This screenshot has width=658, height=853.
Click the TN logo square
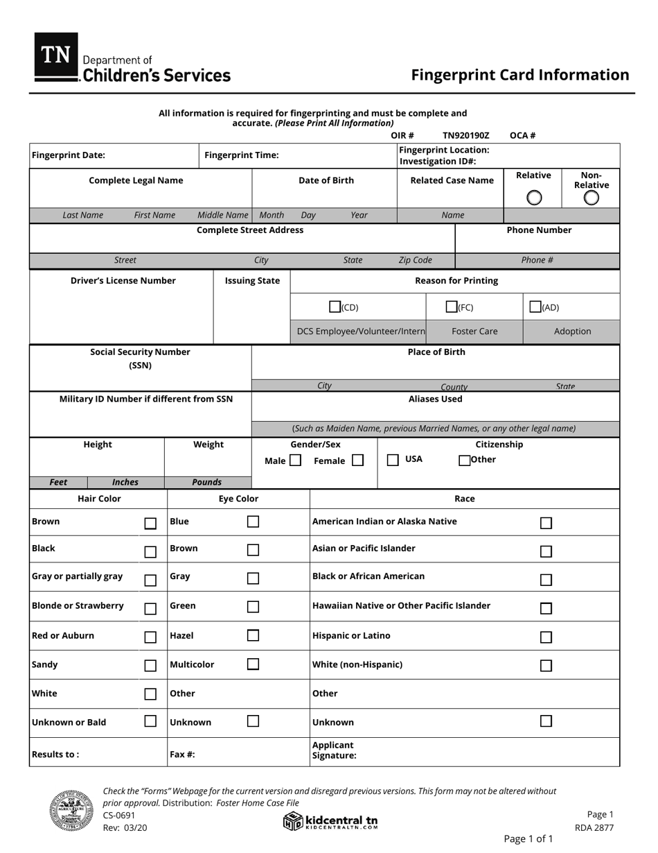coord(56,55)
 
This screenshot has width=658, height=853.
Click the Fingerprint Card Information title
coord(520,75)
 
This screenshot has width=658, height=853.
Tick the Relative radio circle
coord(534,198)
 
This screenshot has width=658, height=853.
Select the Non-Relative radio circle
coord(591,198)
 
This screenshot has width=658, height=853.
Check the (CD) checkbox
coord(335,307)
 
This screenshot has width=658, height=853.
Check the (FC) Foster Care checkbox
coord(452,307)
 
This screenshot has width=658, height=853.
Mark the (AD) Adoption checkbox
coord(535,307)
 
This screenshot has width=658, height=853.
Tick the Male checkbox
coord(295,460)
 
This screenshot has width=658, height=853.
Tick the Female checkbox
coord(357,460)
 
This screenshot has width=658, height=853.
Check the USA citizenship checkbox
coord(393,460)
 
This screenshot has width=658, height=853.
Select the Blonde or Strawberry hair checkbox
coord(150,609)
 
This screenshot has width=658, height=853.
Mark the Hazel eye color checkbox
coord(253,635)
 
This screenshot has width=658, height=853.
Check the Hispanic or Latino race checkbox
coord(546,637)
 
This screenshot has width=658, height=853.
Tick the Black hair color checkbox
coord(150,552)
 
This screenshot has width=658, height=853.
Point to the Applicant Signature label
coord(334,750)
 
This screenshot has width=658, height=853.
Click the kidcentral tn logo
coord(331,821)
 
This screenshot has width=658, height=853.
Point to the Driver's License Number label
coord(123,281)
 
